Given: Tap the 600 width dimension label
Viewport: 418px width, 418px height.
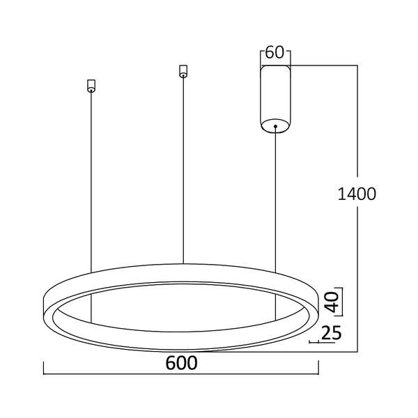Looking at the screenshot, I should coord(183,363).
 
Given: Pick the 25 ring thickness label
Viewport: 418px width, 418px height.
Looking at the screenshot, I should coord(332,334).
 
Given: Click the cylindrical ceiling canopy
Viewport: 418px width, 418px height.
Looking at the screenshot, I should coord(275,98).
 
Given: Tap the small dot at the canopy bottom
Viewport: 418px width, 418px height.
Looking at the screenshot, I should coord(275,127).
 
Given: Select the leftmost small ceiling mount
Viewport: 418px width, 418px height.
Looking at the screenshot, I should coord(91,86).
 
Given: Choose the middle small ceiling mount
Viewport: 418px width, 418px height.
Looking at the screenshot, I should coord(183,70).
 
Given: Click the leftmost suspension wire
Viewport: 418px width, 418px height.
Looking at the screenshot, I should coord(91,181).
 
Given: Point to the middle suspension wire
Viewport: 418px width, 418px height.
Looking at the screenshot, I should coord(183,167).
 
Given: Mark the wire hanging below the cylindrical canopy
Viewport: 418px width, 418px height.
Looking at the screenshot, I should coord(275,202).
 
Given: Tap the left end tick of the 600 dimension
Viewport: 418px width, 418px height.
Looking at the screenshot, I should coord(44,370).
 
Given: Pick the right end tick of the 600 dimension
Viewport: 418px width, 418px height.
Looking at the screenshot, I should coord(318,370).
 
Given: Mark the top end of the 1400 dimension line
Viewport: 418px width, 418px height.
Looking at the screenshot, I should coord(358,65).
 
